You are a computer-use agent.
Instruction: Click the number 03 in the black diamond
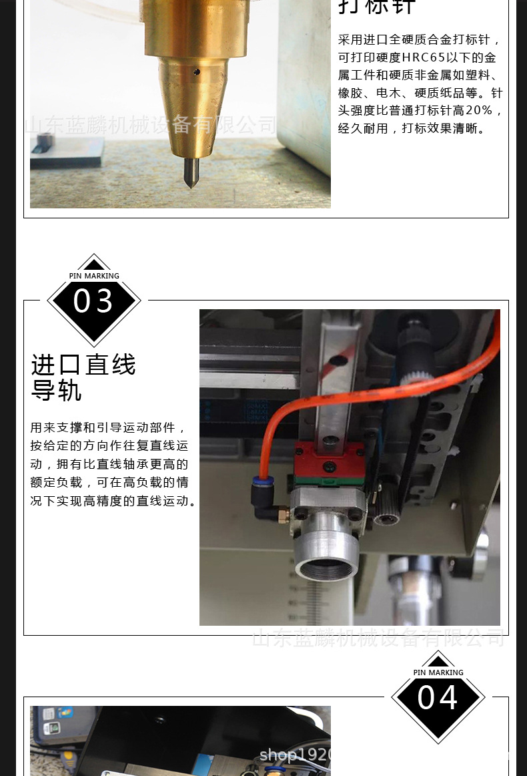point(93,301)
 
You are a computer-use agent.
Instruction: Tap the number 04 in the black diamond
point(438,698)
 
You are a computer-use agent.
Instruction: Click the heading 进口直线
point(83,365)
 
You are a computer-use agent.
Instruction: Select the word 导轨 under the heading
point(56,391)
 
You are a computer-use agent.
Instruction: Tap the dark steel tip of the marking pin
point(191,172)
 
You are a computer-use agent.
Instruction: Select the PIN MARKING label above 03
point(94,276)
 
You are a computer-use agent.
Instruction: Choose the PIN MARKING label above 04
point(438,672)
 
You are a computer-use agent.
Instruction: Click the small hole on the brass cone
point(195,71)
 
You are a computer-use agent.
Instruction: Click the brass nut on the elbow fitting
point(282,515)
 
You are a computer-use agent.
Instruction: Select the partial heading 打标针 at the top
point(377,7)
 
